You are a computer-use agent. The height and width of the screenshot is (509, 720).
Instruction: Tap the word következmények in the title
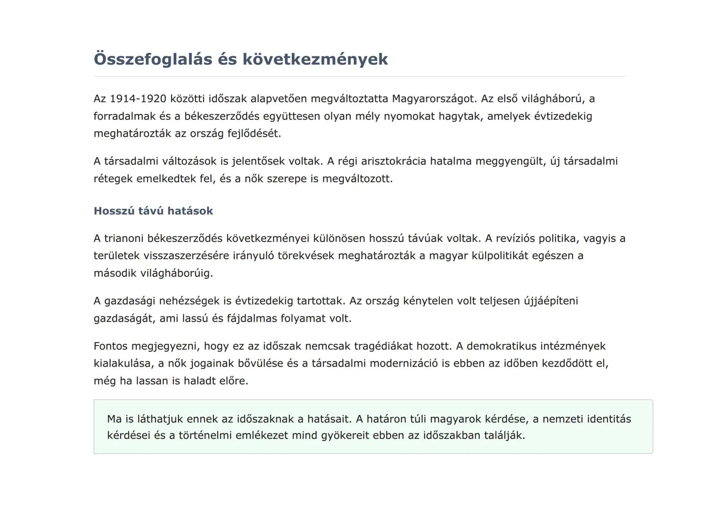315,59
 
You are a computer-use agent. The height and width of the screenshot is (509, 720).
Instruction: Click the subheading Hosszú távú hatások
153,211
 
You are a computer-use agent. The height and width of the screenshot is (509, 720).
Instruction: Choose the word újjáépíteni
551,301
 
